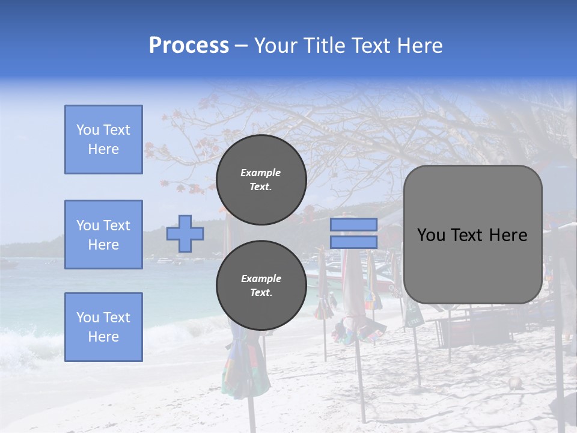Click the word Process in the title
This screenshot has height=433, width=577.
189,46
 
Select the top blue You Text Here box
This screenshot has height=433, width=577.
103,140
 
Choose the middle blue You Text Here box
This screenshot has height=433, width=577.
103,235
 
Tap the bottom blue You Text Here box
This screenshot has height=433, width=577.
103,327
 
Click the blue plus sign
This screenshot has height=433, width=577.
185,233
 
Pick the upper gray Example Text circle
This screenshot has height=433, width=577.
261,180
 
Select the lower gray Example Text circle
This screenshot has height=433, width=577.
261,286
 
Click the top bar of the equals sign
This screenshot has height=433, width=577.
354,225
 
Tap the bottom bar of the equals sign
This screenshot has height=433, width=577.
354,242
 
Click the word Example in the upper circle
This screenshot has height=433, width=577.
261,173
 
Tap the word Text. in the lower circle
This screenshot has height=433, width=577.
261,293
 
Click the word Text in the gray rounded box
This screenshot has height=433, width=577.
468,235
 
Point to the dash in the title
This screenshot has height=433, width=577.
242,46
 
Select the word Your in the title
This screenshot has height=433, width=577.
274,46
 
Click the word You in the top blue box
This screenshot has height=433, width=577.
87,130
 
